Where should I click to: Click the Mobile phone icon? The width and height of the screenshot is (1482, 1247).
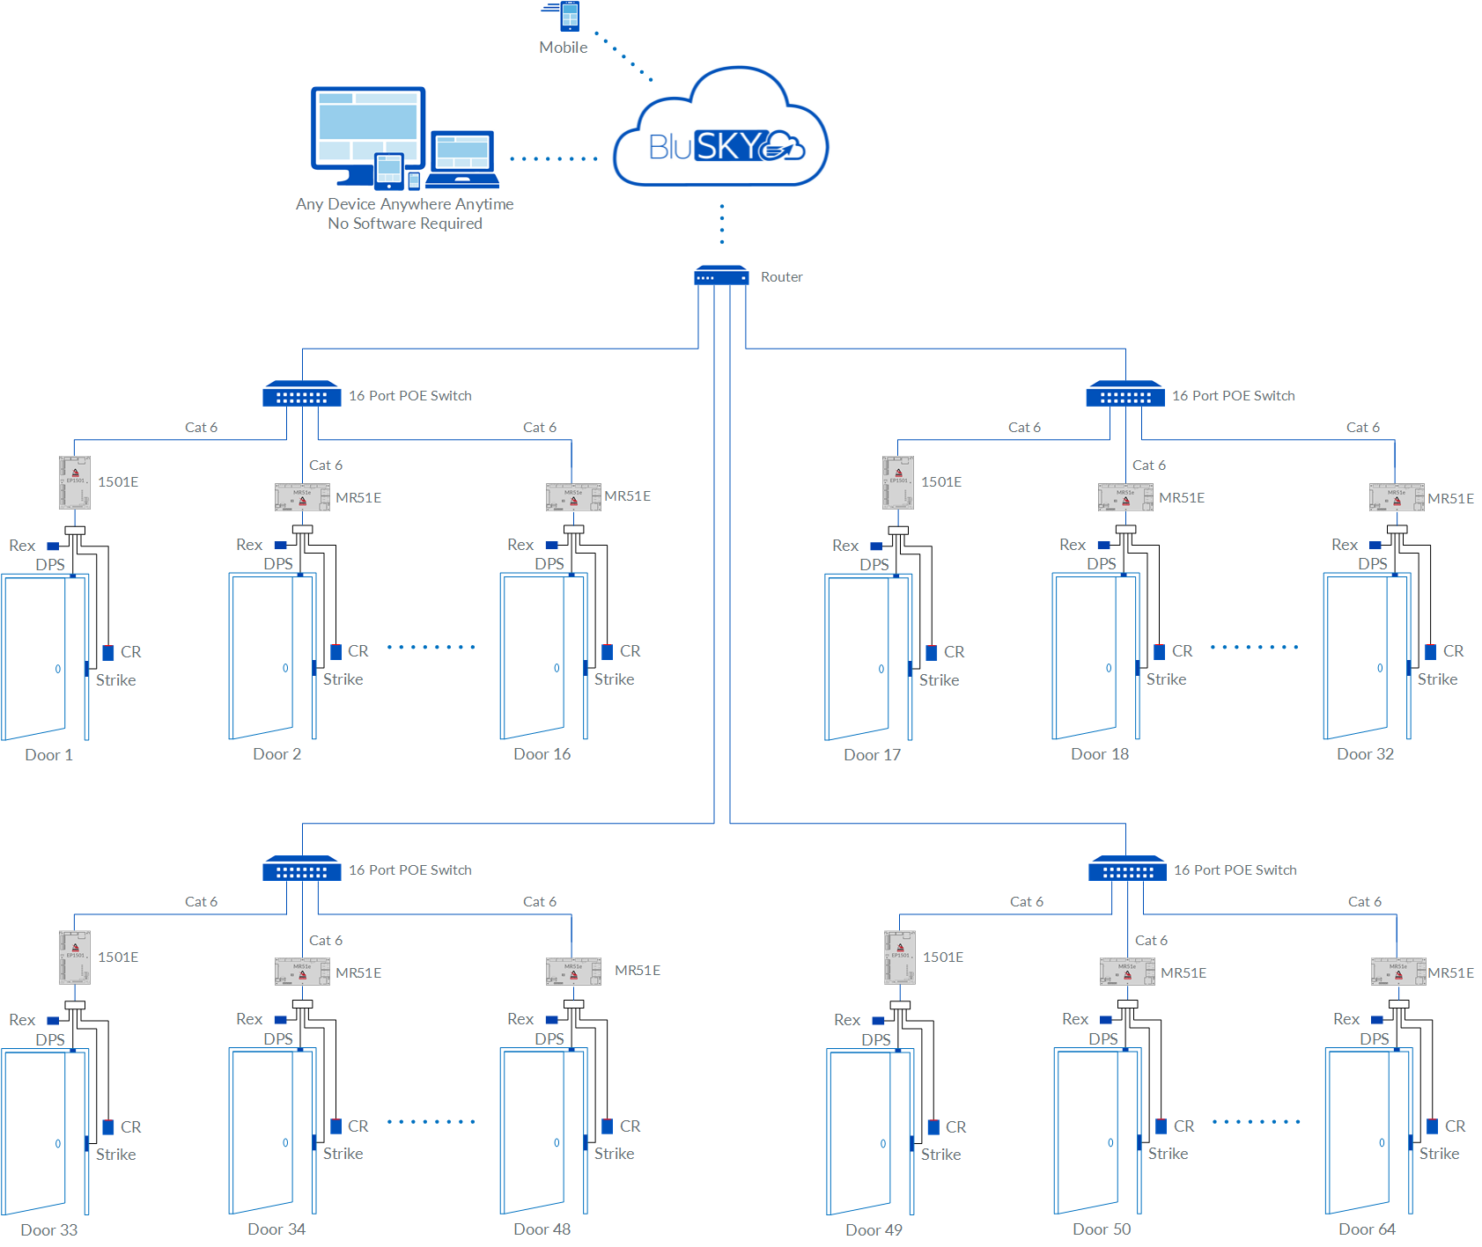coord(570,16)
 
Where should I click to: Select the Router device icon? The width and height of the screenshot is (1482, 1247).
coord(721,276)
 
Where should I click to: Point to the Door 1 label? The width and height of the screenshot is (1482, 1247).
coord(48,755)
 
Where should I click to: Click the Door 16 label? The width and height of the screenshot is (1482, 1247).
coord(542,754)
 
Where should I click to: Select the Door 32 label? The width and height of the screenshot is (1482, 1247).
coord(1365,754)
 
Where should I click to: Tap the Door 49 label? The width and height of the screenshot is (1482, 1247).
coord(874,1229)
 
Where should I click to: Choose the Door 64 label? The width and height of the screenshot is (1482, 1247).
coord(1367,1229)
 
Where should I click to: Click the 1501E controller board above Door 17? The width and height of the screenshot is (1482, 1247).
coord(898,482)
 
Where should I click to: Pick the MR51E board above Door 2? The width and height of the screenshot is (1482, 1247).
coord(302,497)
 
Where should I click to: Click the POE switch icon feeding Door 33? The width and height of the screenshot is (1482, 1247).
coord(301,869)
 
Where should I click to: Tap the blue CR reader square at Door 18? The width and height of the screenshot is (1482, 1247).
coord(1160,652)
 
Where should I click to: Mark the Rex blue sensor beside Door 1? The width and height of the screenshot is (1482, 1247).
coord(53,546)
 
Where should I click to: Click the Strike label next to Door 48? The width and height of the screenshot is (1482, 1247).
coord(614,1154)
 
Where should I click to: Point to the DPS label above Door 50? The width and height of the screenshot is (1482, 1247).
coord(1102,1039)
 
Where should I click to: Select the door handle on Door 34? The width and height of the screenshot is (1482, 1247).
coord(285,1143)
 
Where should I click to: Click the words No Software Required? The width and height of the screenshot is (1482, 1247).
coord(405,224)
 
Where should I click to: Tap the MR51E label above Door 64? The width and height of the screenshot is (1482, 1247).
coord(1450,972)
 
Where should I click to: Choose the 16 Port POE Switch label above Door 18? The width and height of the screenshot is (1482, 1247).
coord(1233,396)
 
